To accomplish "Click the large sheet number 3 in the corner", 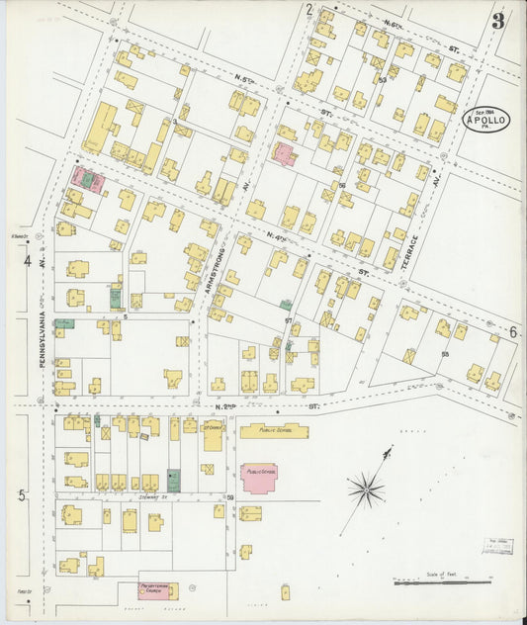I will (497, 20).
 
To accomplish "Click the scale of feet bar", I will (435, 582).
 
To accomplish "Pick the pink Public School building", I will (260, 474).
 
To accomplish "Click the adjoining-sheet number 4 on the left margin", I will (28, 262).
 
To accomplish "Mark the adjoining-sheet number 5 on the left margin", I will (22, 495).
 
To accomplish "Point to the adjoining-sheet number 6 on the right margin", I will (513, 332).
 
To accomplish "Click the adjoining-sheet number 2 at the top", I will (308, 10).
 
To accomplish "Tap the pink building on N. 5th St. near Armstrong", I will (285, 154).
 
